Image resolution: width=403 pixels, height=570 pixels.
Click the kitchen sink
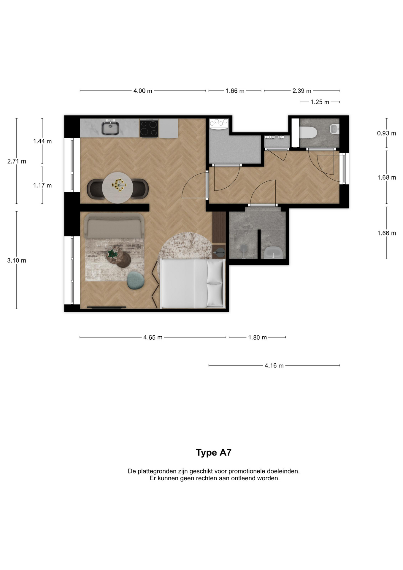coord(110,128)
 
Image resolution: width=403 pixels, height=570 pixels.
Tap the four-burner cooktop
coord(149,128)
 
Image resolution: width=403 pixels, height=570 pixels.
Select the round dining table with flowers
coord(118,188)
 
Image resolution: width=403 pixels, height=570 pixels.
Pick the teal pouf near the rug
coord(136,280)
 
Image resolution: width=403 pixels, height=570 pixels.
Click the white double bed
coord(192,284)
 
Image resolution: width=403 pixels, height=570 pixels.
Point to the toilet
coord(308,132)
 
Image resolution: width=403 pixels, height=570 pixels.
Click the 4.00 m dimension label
coord(143,91)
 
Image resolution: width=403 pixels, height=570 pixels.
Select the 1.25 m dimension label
coord(320,102)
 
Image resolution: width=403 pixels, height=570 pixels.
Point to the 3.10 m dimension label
coord(17,260)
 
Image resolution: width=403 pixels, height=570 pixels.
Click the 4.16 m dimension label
coord(274,365)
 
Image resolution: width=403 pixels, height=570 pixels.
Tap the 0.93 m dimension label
coord(386,133)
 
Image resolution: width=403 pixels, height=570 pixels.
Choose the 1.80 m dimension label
coord(258,337)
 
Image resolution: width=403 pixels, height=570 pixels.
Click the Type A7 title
coord(213,452)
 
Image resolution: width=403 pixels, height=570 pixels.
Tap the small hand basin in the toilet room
coord(334,129)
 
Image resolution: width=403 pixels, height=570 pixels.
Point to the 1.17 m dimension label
coord(42,186)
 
